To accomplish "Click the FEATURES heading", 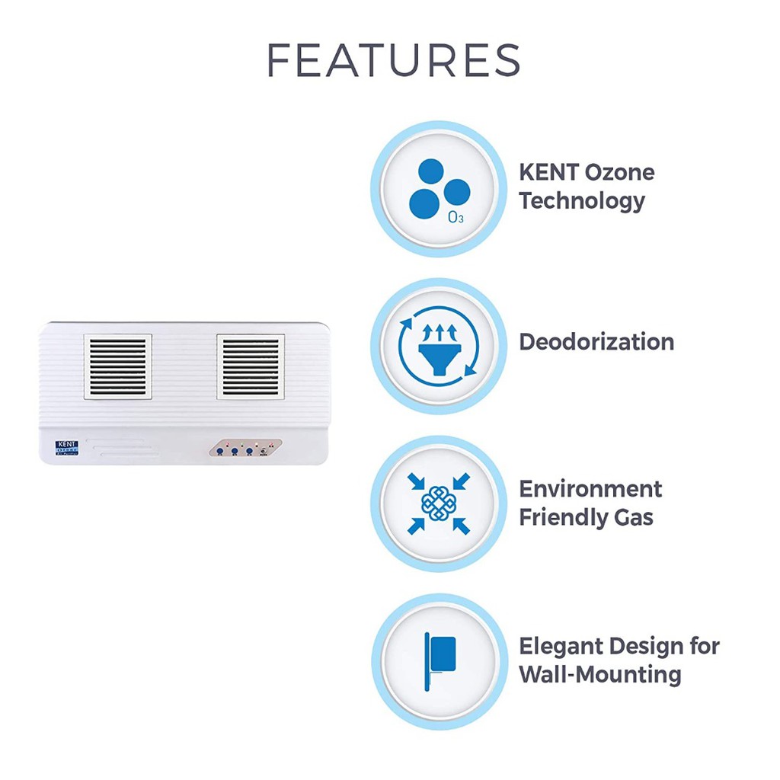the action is pos(394,60).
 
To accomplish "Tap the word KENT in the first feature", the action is pos(548,172).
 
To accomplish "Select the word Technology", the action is pos(582,201).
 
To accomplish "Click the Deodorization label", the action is pos(596,342).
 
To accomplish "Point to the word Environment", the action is pos(590,488).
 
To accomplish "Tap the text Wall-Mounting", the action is pos(599,675).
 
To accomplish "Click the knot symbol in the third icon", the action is pos(437,503).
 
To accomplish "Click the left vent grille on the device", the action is pos(117,366).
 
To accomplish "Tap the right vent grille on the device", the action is pos(251,366).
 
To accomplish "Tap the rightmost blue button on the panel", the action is pos(249,452).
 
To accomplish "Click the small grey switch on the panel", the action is pos(264,451).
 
